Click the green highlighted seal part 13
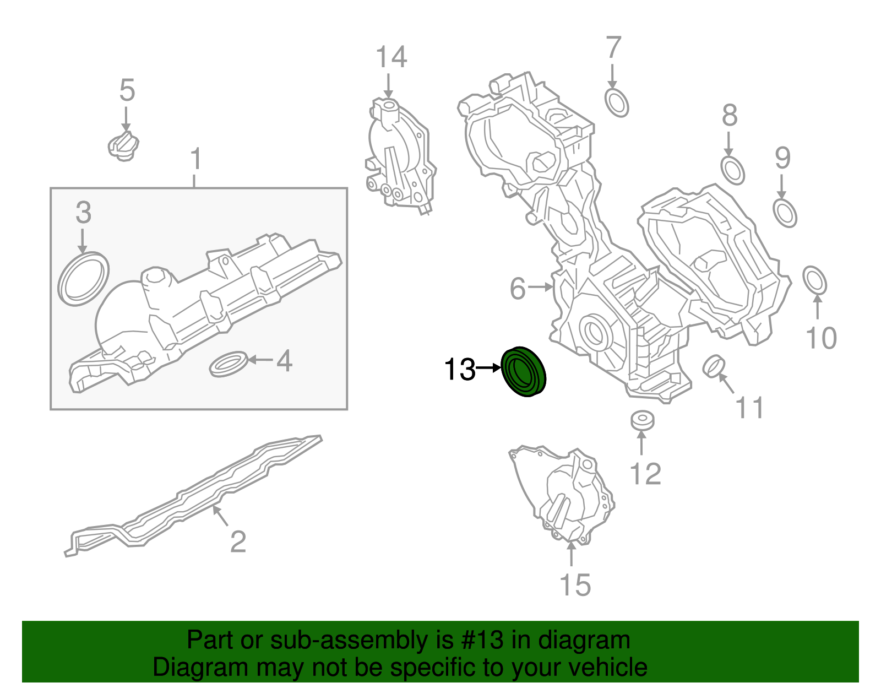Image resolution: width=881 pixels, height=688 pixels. [x=524, y=372]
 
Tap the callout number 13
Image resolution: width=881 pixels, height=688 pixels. [x=459, y=369]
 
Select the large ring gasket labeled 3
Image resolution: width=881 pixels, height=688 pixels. [x=84, y=279]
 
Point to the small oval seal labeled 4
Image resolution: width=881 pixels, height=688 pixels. [x=229, y=364]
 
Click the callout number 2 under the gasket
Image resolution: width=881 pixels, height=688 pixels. [x=238, y=541]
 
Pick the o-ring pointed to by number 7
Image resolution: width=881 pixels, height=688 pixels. [x=617, y=102]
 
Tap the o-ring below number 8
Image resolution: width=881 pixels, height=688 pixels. [x=733, y=170]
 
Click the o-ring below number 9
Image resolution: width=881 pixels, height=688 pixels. [x=785, y=213]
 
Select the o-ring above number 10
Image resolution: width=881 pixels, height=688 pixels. [x=815, y=281]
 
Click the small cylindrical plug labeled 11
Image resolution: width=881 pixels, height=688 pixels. [x=714, y=367]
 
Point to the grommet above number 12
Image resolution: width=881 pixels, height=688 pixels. [x=643, y=420]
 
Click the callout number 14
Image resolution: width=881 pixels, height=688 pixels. [x=391, y=57]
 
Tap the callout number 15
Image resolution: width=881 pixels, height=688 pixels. [x=575, y=585]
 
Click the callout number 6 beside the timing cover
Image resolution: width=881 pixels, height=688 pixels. [x=518, y=289]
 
